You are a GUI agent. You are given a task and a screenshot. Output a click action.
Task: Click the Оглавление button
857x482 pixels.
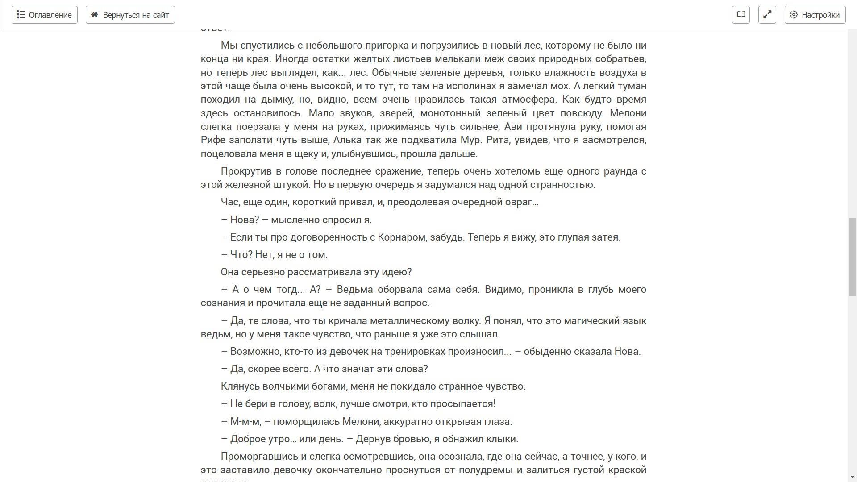tap(45, 15)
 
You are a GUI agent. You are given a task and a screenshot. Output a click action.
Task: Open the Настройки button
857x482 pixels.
tap(815, 15)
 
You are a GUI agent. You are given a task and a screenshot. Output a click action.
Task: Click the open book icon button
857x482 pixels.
tap(741, 15)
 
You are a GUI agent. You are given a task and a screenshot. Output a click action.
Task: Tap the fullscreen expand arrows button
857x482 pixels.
tap(767, 15)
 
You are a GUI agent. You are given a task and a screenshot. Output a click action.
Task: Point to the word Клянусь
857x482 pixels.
tap(240, 386)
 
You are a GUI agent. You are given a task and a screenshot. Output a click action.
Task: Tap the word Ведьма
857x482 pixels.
tap(355, 290)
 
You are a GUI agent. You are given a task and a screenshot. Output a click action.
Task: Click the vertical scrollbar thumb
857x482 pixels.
tap(852, 257)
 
